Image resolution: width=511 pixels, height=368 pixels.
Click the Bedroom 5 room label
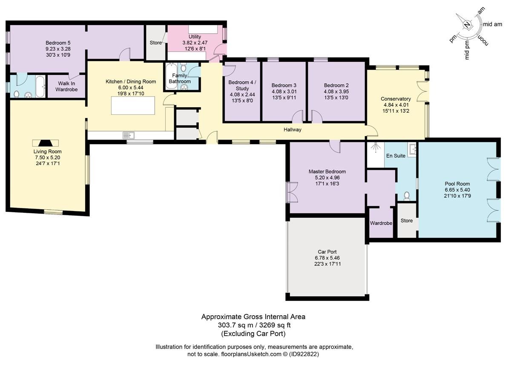pyautogui.click(x=58, y=43)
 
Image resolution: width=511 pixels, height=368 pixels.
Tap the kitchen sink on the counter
pyautogui.click(x=129, y=135)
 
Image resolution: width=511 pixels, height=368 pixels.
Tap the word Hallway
pyautogui.click(x=293, y=130)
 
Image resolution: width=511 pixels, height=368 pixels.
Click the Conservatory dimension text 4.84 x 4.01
pyautogui.click(x=396, y=106)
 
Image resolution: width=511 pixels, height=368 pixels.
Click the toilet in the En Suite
pyautogui.click(x=406, y=196)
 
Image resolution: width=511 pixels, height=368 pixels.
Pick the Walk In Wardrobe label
pyautogui.click(x=66, y=86)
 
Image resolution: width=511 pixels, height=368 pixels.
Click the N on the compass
pyautogui.click(x=467, y=25)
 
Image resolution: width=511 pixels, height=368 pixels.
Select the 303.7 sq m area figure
pyautogui.click(x=234, y=325)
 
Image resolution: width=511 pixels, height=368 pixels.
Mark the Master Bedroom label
pyautogui.click(x=327, y=171)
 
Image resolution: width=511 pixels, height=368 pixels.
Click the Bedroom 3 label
pyautogui.click(x=283, y=84)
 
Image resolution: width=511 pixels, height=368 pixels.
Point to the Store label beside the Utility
pyautogui.click(x=155, y=43)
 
